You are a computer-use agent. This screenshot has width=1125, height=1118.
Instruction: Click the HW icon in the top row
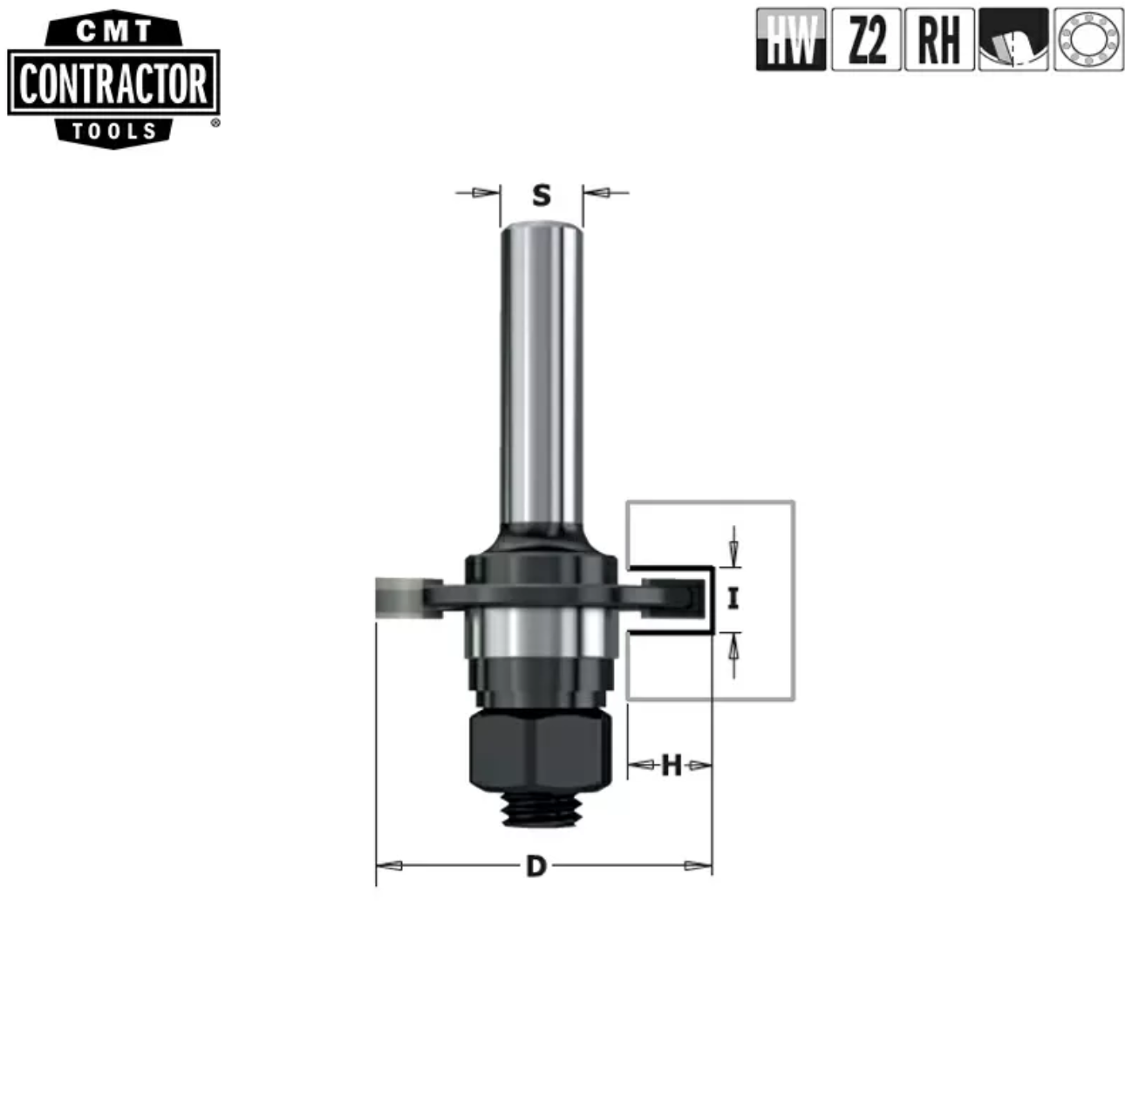pyautogui.click(x=790, y=40)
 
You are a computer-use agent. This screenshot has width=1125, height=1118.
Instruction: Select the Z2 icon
pyautogui.click(x=866, y=40)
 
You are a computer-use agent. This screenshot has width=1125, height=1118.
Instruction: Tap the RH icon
pyautogui.click(x=939, y=40)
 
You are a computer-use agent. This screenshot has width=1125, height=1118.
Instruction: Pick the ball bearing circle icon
pyautogui.click(x=1088, y=40)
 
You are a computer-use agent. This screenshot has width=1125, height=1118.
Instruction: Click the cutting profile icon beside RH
pyautogui.click(x=1013, y=40)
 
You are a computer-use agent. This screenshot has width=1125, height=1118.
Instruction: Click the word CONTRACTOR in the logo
pyautogui.click(x=113, y=84)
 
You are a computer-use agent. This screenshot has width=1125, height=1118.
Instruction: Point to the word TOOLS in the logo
pyautogui.click(x=114, y=132)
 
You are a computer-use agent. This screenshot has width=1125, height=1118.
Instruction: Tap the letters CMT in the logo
pyautogui.click(x=114, y=31)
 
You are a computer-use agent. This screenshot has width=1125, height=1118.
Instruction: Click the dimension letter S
pyautogui.click(x=542, y=195)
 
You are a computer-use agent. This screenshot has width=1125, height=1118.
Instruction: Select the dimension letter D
pyautogui.click(x=536, y=866)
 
